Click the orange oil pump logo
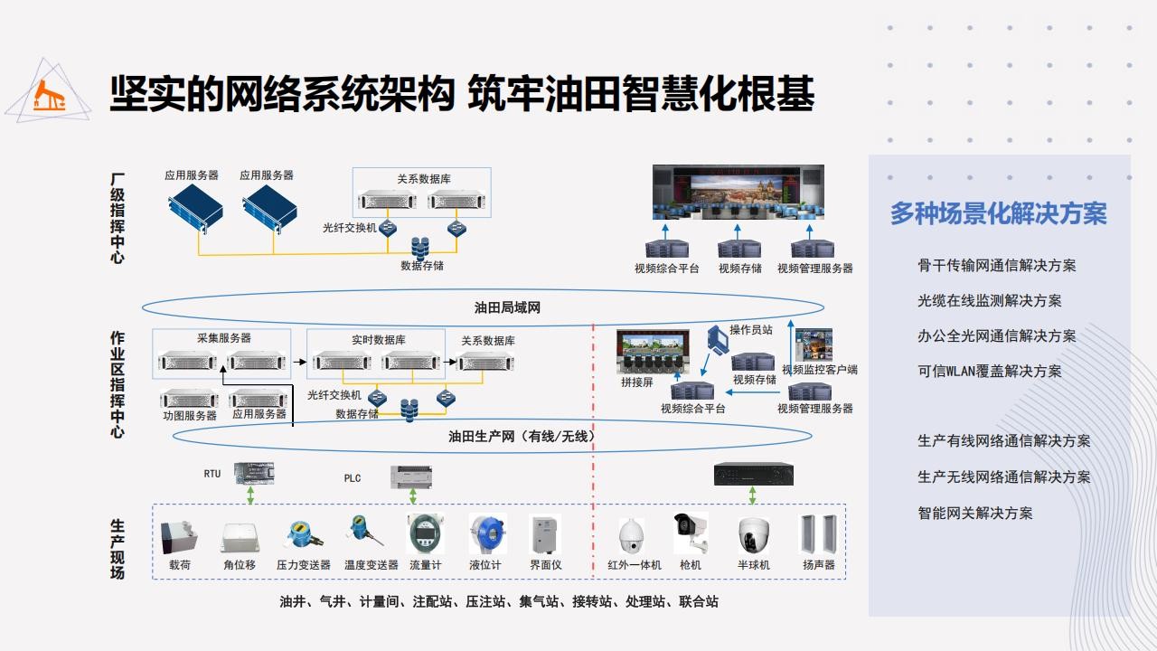(x=49, y=96)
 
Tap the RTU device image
(x=254, y=473)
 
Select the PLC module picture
(x=411, y=476)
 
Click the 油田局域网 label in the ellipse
(x=507, y=308)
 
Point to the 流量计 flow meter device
(x=425, y=533)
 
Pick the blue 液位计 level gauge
(x=487, y=533)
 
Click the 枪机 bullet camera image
(x=691, y=533)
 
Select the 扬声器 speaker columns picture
(x=818, y=534)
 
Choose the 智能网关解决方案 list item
(x=974, y=513)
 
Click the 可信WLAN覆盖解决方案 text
(x=989, y=371)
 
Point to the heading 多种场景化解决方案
(x=999, y=213)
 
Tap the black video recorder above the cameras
(x=754, y=475)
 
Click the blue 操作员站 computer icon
(x=718, y=339)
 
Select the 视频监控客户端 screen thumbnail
(x=814, y=344)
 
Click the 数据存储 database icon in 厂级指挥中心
(x=420, y=248)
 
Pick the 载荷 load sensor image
(x=179, y=538)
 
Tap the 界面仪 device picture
(x=545, y=534)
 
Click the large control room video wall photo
(x=738, y=193)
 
